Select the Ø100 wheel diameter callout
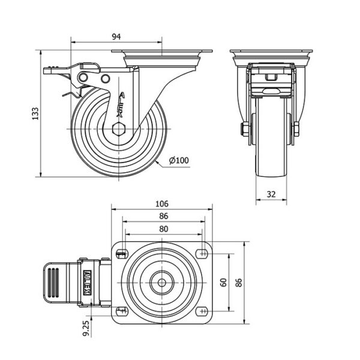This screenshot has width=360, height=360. click(179, 160)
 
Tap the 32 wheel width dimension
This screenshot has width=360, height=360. click(271, 194)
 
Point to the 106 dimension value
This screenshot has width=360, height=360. click(163, 203)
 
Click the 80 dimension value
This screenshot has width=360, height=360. click(163, 228)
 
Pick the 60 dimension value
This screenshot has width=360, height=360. click(224, 282)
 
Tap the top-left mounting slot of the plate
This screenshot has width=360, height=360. click(122, 253)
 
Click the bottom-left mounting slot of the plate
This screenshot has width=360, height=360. click(122, 310)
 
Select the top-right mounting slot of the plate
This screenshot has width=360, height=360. click(202, 253)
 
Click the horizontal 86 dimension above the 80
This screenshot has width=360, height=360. click(163, 215)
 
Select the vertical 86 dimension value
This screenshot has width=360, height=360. click(239, 282)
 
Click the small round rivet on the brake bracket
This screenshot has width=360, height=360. click(106, 79)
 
